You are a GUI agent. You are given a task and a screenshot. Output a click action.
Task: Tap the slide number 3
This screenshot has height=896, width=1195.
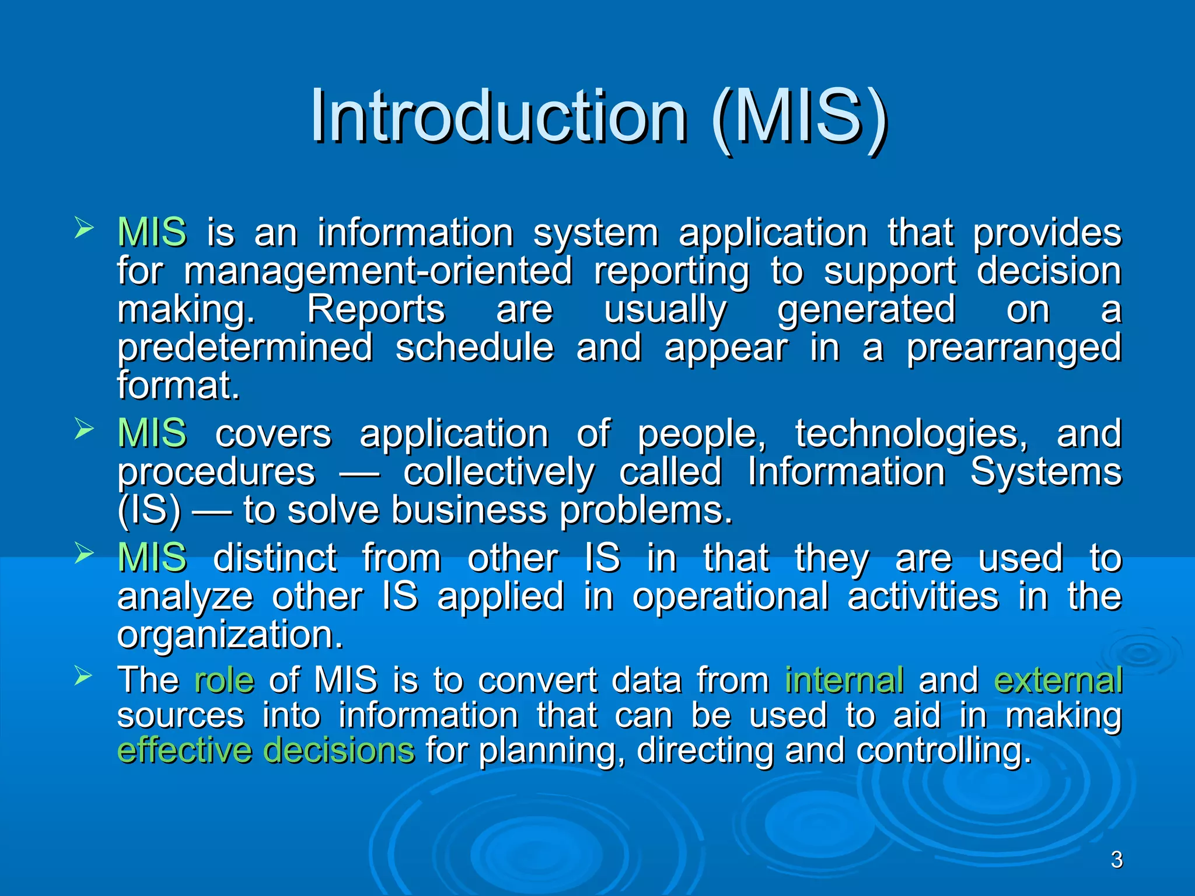tap(1116, 860)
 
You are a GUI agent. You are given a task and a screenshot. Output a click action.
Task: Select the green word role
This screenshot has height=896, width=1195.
tap(224, 681)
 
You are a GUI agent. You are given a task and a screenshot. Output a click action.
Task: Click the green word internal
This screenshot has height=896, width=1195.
tap(844, 681)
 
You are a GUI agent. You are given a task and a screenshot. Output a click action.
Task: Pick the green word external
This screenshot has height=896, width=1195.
tap(1058, 681)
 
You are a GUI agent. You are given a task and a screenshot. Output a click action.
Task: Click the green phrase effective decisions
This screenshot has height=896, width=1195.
tap(266, 751)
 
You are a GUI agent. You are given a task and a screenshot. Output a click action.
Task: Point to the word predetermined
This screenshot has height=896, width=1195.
tap(245, 348)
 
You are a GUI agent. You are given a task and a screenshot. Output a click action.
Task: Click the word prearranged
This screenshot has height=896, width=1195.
tap(1014, 348)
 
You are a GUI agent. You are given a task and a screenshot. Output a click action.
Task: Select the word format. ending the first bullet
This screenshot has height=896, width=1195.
tap(179, 386)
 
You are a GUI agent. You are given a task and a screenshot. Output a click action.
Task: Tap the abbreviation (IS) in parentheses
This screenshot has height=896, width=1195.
tap(149, 511)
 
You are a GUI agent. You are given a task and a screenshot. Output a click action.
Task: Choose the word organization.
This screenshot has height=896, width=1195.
tap(230, 635)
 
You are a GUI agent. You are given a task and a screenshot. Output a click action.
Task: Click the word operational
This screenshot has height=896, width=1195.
tap(730, 597)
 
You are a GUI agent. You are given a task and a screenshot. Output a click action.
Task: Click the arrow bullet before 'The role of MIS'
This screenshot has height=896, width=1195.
tap(84, 677)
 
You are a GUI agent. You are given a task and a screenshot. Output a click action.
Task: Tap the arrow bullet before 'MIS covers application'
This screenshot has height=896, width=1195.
tap(84, 430)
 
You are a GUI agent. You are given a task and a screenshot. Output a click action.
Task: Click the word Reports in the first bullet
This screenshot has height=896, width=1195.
tap(376, 310)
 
